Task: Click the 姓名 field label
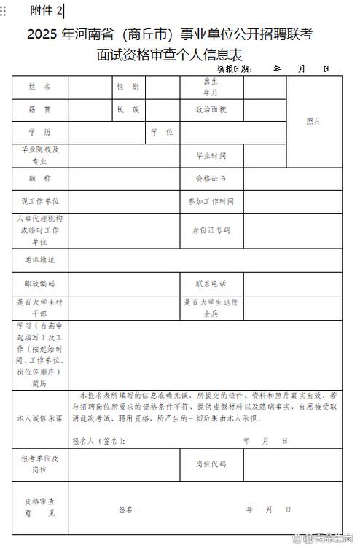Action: point(40,87)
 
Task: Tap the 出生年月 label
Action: point(211,87)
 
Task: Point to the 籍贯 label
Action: point(40,109)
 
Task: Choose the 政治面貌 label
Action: point(211,109)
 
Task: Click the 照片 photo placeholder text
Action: point(313,121)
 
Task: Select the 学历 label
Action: point(40,133)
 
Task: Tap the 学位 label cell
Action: point(162,133)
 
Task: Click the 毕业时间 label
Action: point(211,156)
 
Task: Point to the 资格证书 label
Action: point(211,179)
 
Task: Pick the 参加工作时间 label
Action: point(211,201)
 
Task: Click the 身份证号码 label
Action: point(211,230)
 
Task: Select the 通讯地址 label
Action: point(40,259)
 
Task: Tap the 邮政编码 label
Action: point(40,284)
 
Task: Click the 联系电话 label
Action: point(211,284)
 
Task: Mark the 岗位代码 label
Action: point(211,464)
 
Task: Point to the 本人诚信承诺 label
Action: point(40,419)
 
